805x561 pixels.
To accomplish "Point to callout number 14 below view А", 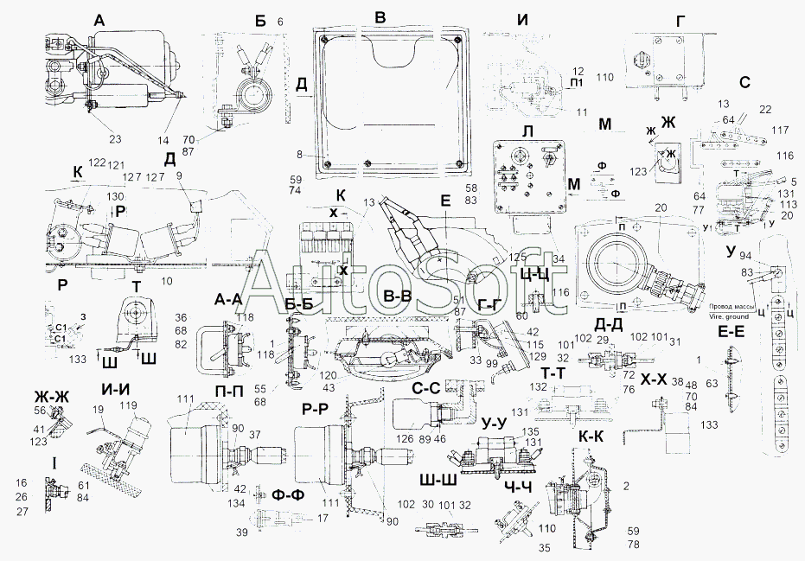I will click(165, 138).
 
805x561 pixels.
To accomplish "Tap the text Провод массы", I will click(733, 307).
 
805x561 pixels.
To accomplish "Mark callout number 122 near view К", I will click(95, 163).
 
